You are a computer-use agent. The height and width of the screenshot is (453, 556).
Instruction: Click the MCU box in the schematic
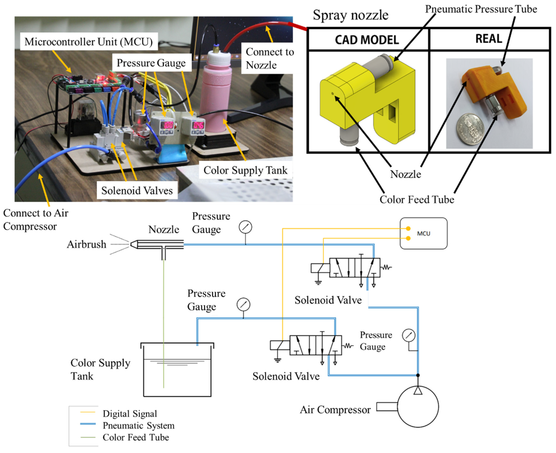pos(423,233)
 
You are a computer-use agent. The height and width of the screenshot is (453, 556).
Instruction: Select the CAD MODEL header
pos(367,40)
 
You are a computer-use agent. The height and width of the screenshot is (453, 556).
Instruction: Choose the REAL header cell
pos(489,39)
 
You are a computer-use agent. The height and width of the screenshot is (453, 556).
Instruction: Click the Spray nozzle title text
pos(351,15)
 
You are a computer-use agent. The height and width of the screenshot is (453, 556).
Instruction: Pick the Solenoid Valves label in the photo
pos(137,190)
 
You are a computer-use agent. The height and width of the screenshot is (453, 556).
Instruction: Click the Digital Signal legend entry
pos(130,414)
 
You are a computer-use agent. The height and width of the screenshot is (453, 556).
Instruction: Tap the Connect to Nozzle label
pos(270,58)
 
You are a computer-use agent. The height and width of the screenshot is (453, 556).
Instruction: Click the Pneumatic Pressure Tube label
pos(481,9)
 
